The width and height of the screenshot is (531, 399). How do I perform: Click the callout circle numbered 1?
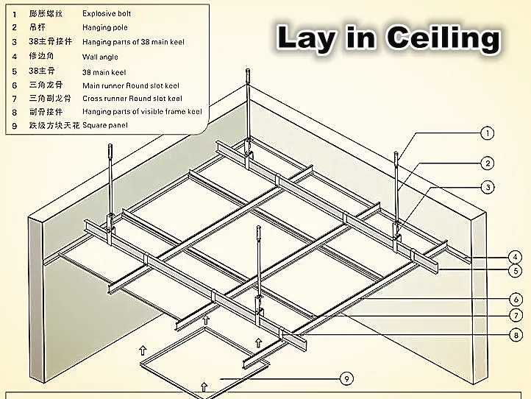[487, 133]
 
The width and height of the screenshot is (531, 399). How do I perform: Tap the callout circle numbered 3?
[488, 186]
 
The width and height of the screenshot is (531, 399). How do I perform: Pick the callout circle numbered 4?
[515, 258]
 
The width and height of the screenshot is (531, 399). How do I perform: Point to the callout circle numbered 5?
[515, 271]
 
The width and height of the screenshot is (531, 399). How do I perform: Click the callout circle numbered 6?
[515, 299]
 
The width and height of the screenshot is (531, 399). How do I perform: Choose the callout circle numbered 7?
[515, 316]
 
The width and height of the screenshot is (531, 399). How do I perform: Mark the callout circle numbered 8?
[515, 335]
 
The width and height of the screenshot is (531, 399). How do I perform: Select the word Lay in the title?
[304, 38]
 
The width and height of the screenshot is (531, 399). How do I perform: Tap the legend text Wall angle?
[100, 57]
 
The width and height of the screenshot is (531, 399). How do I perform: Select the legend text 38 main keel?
[104, 72]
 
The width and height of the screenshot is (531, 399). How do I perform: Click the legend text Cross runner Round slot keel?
[132, 98]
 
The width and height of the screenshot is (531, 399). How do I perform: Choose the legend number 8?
[14, 112]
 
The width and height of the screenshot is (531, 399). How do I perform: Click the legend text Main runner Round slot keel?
[132, 85]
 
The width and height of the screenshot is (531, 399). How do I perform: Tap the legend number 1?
[14, 14]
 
